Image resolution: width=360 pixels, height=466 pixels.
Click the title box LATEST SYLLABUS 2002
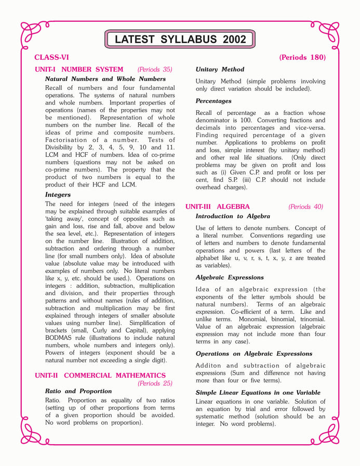tap(180, 39)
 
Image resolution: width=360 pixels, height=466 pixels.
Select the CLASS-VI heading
tap(51, 58)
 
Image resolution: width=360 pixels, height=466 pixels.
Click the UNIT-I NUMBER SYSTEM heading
tap(79, 69)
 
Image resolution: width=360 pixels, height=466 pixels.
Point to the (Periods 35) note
tap(155, 69)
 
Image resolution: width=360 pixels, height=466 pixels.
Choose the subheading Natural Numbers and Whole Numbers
tap(105, 79)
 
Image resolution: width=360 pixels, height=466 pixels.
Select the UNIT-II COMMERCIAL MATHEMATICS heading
tap(100, 375)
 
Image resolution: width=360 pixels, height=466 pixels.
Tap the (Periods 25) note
tap(155, 383)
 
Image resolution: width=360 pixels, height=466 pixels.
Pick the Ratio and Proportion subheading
tap(78, 391)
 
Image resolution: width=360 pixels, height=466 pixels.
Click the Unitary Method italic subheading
tap(220, 69)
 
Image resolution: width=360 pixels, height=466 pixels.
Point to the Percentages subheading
tap(214, 101)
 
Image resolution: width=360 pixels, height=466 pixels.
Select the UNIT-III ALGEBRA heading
tap(218, 207)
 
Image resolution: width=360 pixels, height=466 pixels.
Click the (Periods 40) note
tap(305, 207)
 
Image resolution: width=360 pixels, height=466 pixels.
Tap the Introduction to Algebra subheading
tap(233, 216)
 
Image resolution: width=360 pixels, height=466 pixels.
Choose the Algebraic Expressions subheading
tap(230, 277)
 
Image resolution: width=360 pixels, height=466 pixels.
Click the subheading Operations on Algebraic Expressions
tap(254, 354)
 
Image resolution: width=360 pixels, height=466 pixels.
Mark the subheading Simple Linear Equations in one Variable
tap(258, 393)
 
